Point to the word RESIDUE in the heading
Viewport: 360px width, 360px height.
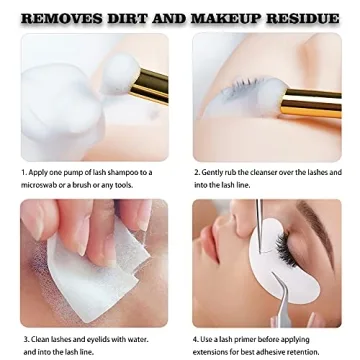point(303,17)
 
